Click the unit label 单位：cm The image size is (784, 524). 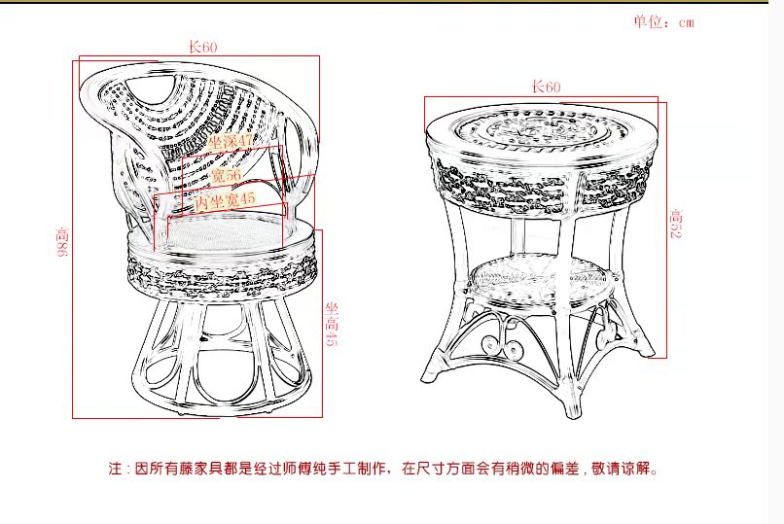[x=663, y=22]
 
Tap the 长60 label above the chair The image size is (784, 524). [x=202, y=47]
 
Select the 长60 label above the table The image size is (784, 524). [x=546, y=87]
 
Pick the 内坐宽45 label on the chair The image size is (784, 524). [x=226, y=201]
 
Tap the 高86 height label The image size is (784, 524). [x=63, y=243]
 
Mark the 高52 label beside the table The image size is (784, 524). [x=676, y=225]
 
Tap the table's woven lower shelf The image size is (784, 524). [x=543, y=278]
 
